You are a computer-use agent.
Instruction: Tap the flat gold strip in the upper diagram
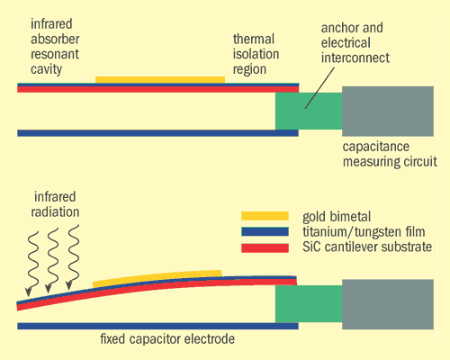(159, 80)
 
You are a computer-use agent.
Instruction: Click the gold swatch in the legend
(265, 216)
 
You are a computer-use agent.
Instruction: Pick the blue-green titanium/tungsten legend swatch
(265, 231)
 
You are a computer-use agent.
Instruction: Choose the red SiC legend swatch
(265, 247)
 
